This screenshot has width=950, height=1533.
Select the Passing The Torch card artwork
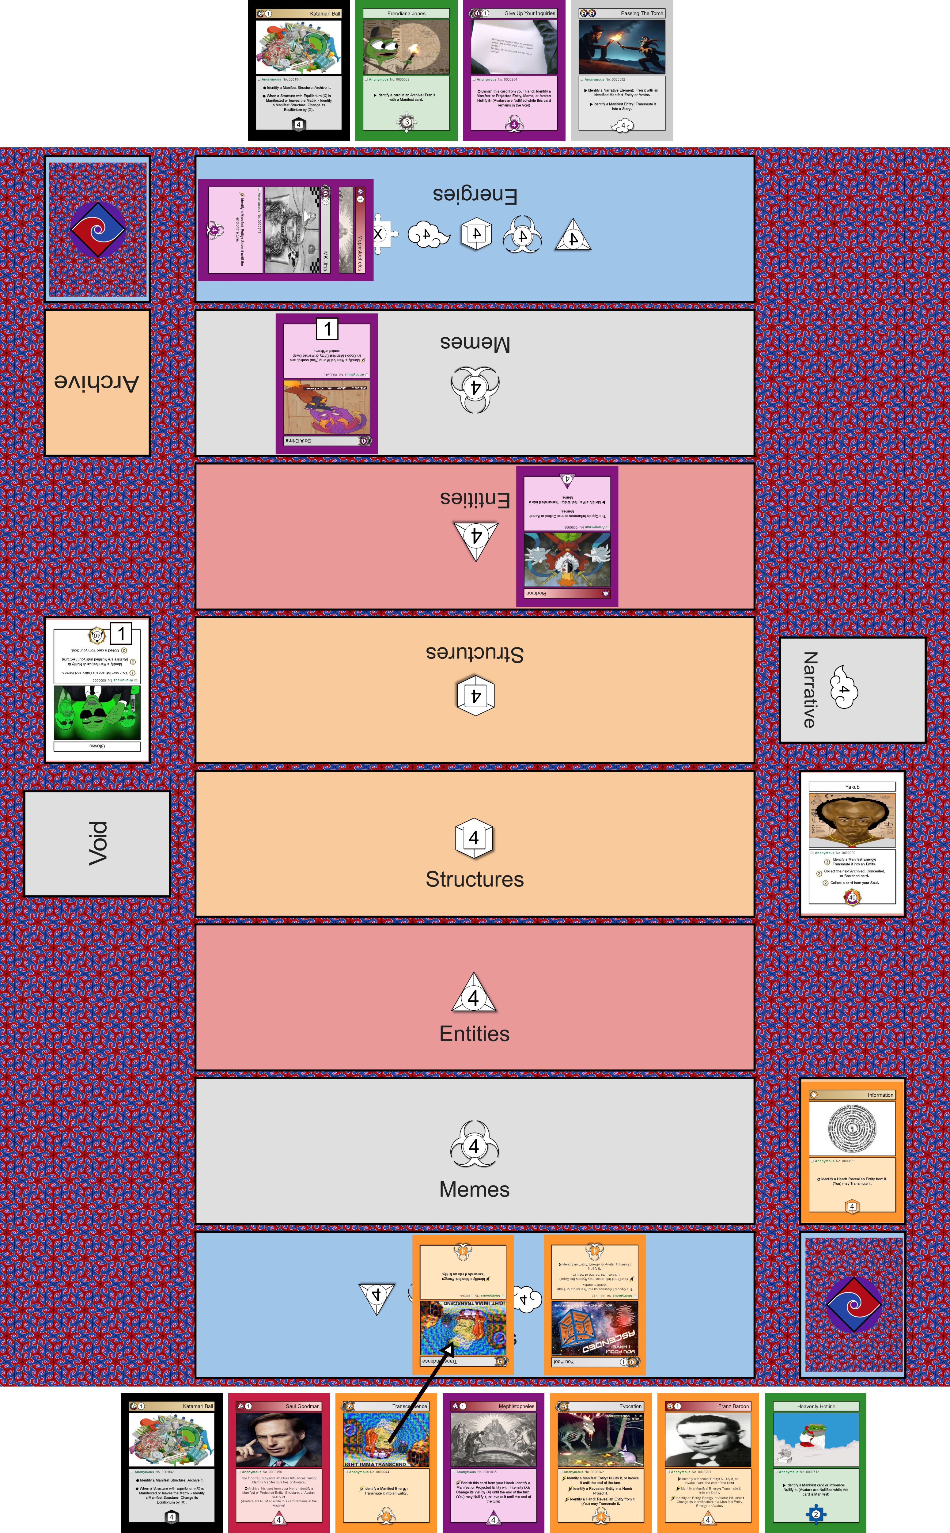(x=621, y=47)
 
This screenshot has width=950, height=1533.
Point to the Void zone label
(x=97, y=843)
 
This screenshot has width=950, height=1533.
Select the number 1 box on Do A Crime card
(x=327, y=328)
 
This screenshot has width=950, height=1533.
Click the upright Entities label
(x=474, y=1034)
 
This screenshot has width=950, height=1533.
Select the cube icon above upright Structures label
(x=474, y=837)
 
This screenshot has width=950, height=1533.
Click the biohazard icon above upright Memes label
(x=474, y=1145)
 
